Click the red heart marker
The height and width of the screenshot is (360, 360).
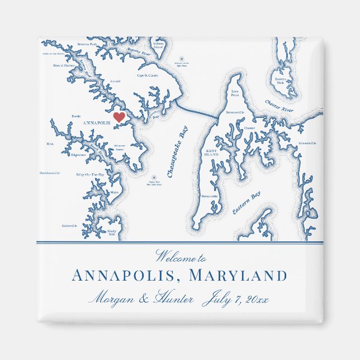point(119,117)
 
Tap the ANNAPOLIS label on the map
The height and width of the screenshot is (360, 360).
point(96,122)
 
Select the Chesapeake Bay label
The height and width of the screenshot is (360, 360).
point(178,153)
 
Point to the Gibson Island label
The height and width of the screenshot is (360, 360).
point(158,45)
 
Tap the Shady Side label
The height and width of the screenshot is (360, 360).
point(112,233)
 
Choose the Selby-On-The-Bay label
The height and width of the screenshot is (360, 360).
point(91,174)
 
